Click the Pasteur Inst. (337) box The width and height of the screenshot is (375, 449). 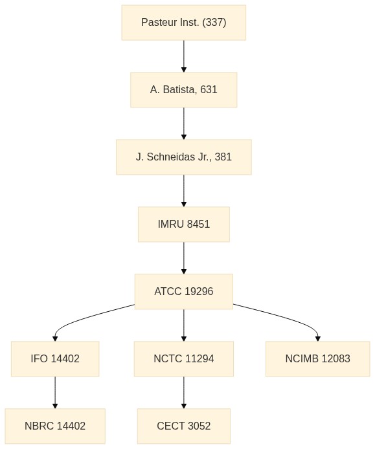pyautogui.click(x=184, y=23)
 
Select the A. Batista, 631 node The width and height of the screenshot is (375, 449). pyautogui.click(x=184, y=90)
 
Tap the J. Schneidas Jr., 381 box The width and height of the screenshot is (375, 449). pyautogui.click(x=184, y=157)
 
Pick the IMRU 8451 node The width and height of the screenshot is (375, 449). pyautogui.click(x=184, y=224)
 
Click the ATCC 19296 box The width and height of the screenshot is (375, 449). pyautogui.click(x=184, y=292)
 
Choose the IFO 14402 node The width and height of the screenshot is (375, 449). pyautogui.click(x=55, y=359)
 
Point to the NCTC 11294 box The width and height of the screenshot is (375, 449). pyautogui.click(x=184, y=359)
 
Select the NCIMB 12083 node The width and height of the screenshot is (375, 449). pyautogui.click(x=317, y=359)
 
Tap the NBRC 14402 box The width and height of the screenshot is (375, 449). pyautogui.click(x=55, y=426)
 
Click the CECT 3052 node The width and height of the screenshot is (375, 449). pyautogui.click(x=184, y=426)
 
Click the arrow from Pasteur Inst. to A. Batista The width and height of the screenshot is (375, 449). pyautogui.click(x=184, y=56)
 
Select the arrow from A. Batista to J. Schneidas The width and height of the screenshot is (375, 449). pyautogui.click(x=184, y=124)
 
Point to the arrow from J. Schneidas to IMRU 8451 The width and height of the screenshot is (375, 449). pyautogui.click(x=184, y=191)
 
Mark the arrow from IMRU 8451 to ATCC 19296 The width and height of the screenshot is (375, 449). pyautogui.click(x=184, y=258)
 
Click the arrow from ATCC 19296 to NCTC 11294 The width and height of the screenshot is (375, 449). pyautogui.click(x=184, y=325)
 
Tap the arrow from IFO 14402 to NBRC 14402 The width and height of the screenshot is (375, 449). pyautogui.click(x=55, y=393)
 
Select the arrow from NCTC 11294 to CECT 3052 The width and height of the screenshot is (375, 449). pyautogui.click(x=184, y=393)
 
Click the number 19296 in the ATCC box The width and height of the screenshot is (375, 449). pyautogui.click(x=199, y=292)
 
